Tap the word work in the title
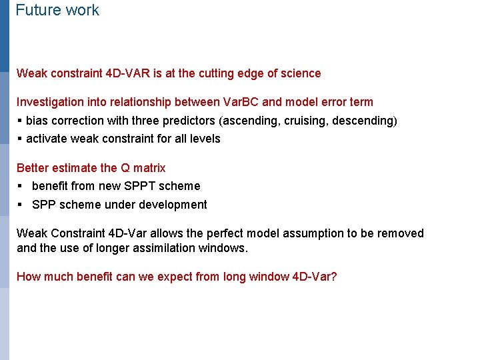[81, 11]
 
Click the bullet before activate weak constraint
[19, 139]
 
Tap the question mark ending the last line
[333, 276]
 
